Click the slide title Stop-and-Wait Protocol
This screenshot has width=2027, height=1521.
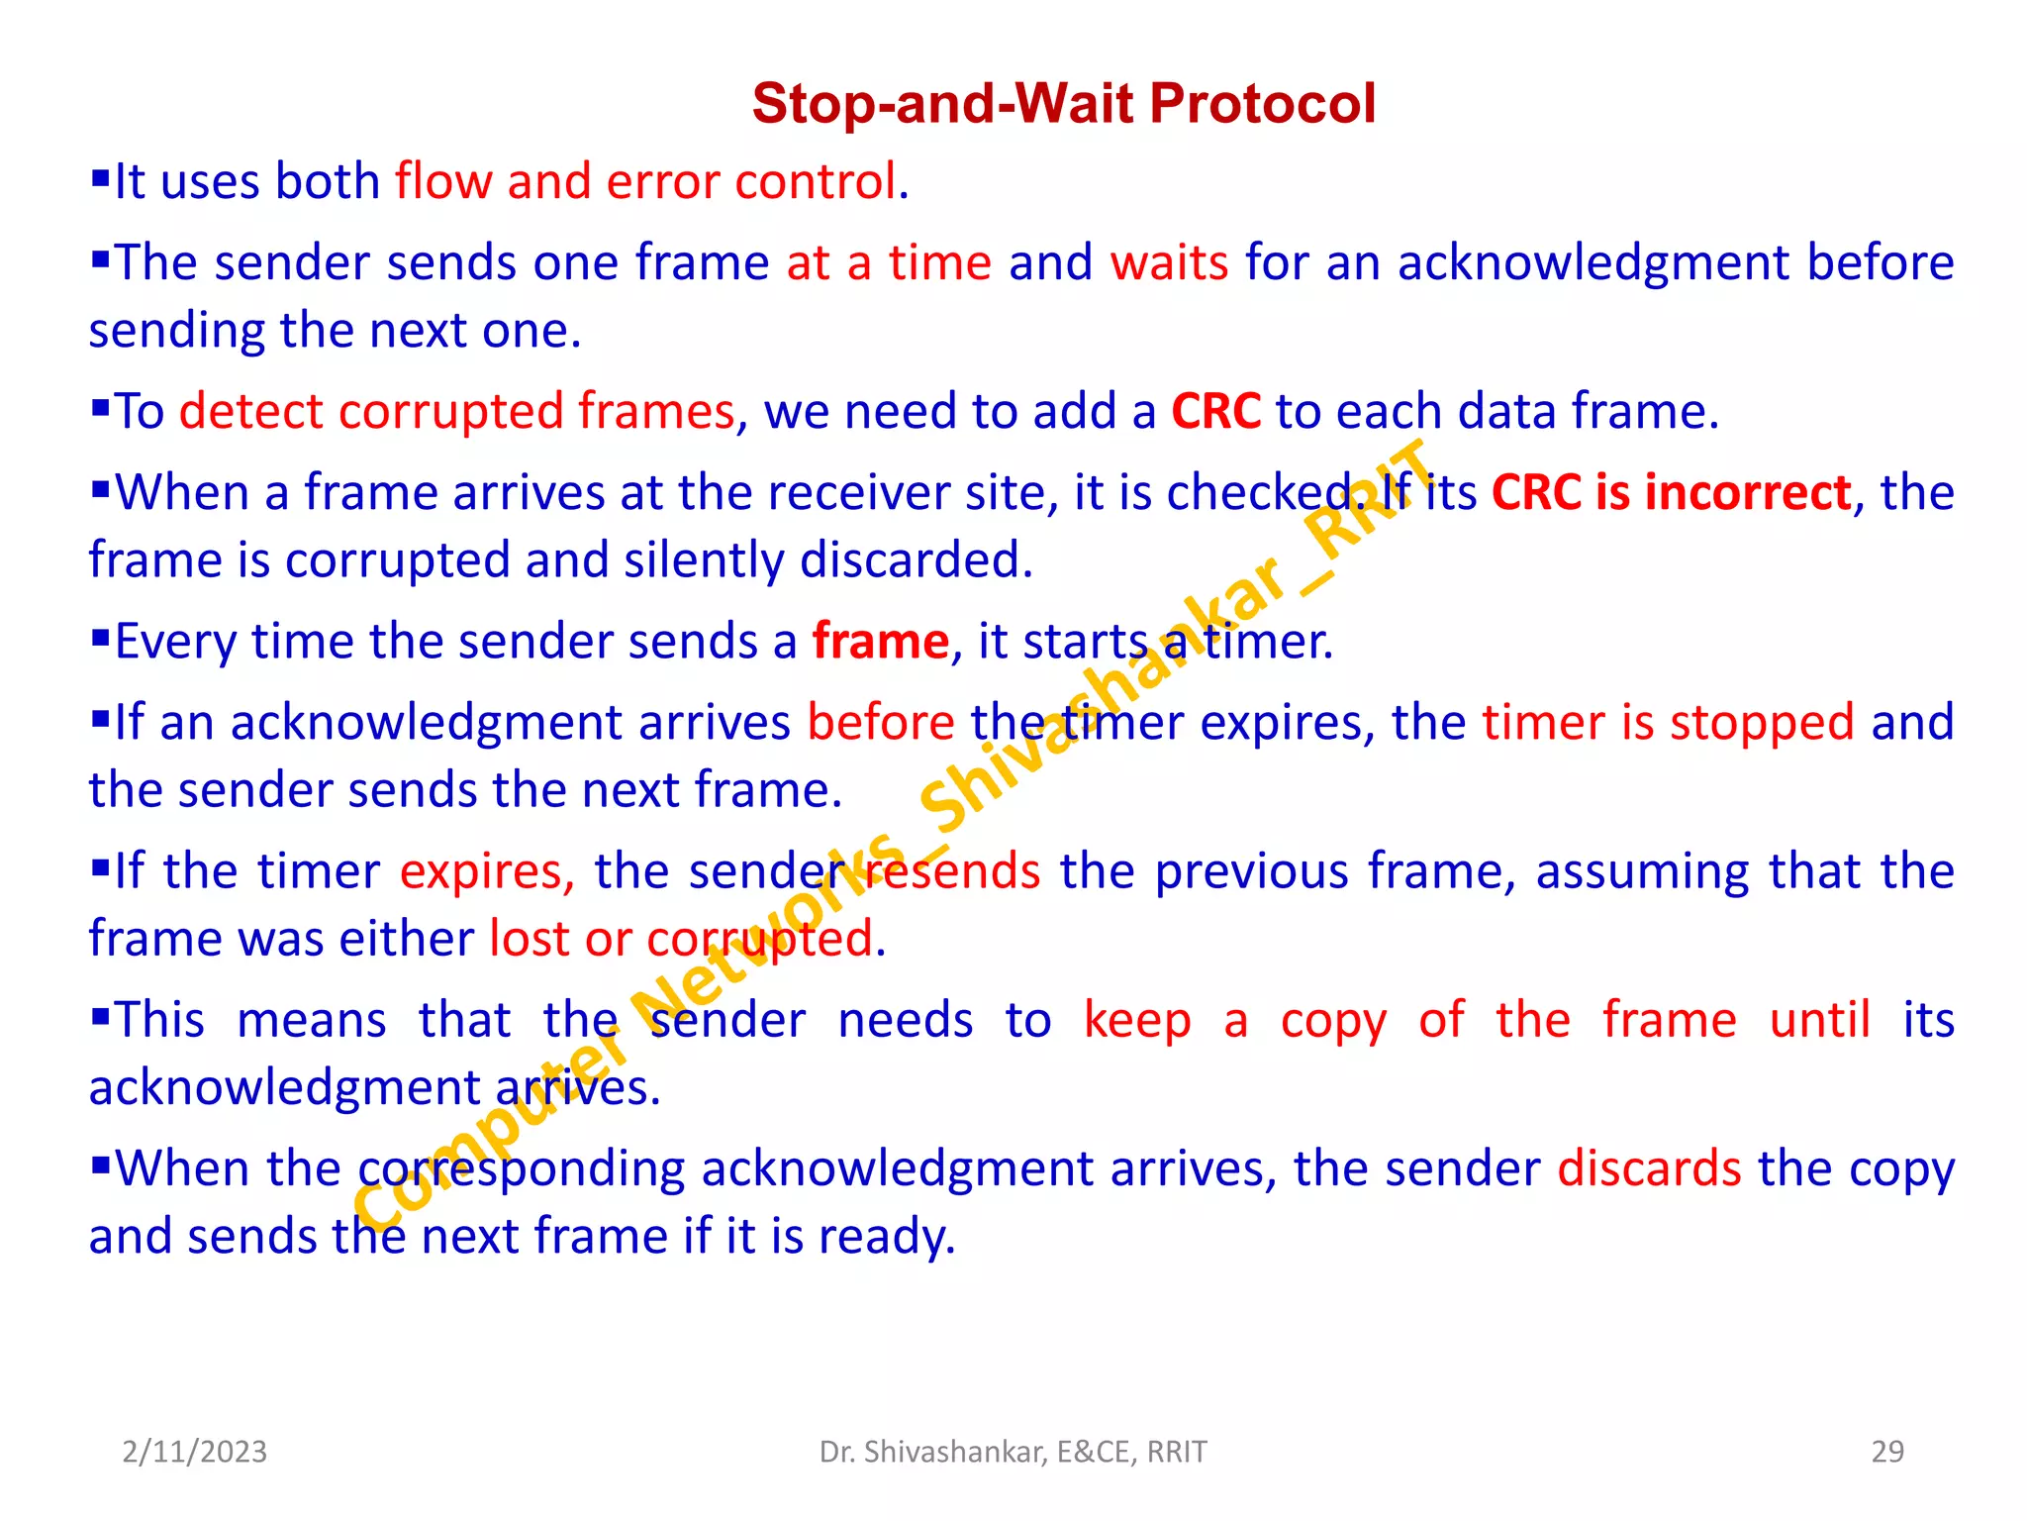pyautogui.click(x=1063, y=103)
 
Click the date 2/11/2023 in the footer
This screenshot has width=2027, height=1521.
pyautogui.click(x=194, y=1452)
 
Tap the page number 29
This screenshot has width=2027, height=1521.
pyautogui.click(x=1887, y=1452)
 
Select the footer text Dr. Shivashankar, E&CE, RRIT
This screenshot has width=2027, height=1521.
pyautogui.click(x=1013, y=1452)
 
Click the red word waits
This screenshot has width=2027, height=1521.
pyautogui.click(x=1169, y=263)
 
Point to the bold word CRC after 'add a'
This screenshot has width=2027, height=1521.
pyautogui.click(x=1215, y=411)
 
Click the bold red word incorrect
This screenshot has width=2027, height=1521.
pyautogui.click(x=1747, y=492)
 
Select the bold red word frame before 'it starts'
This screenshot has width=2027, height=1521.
pyautogui.click(x=880, y=642)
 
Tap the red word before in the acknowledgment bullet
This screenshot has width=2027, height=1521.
pyautogui.click(x=881, y=723)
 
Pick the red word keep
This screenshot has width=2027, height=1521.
pyautogui.click(x=1137, y=1021)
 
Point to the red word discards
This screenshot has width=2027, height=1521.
pyautogui.click(x=1649, y=1169)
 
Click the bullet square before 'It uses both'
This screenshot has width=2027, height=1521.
pyautogui.click(x=100, y=179)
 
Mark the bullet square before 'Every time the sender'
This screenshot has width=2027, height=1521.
pyautogui.click(x=100, y=639)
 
